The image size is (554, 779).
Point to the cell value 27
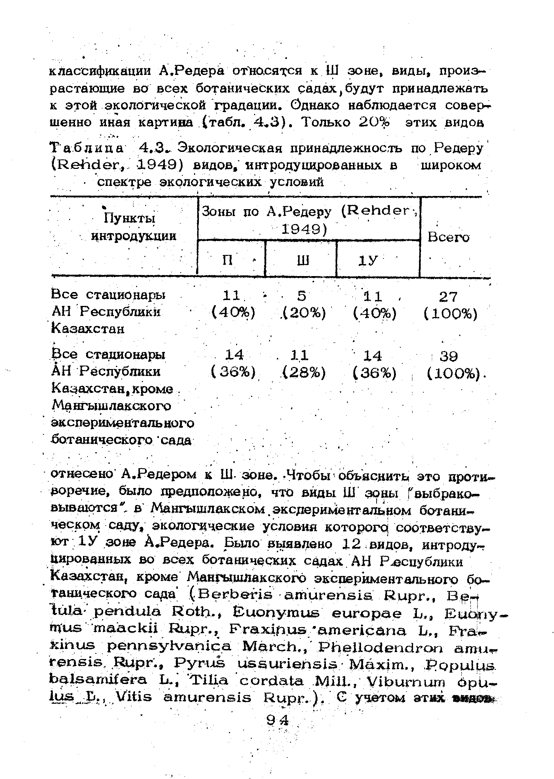tap(448, 297)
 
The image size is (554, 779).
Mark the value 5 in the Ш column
tap(302, 296)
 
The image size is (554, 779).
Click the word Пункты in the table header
tap(129, 218)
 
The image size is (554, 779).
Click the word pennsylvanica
tap(169, 647)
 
